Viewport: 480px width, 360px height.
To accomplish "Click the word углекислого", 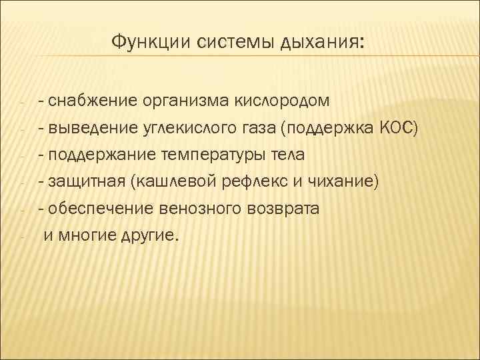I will click(x=190, y=129).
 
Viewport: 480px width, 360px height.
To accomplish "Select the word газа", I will click(x=259, y=129).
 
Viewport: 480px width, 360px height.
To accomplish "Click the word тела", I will click(x=285, y=155).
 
